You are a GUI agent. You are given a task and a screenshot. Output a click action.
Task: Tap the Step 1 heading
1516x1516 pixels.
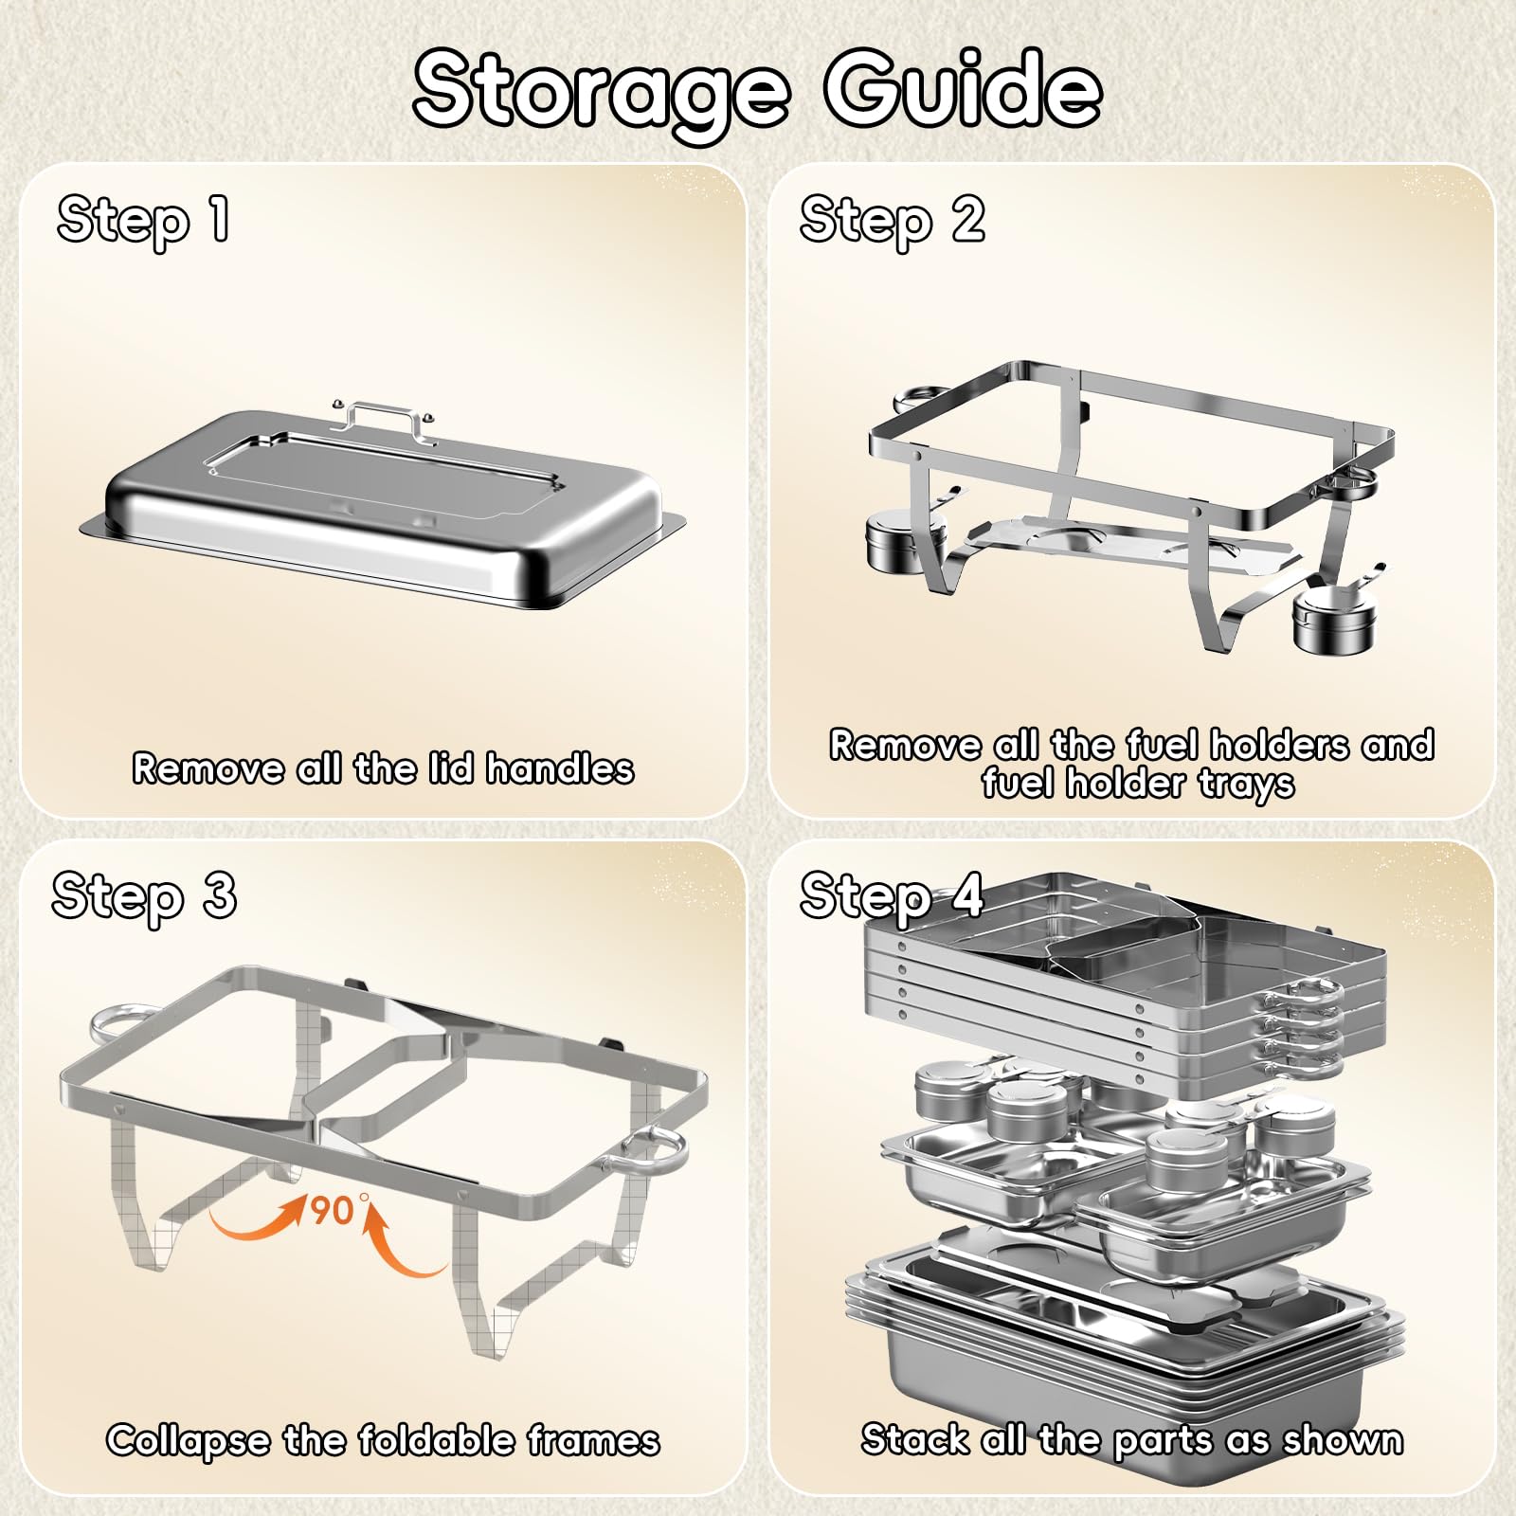point(143,222)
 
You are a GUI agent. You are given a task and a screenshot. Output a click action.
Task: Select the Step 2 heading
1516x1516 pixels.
point(892,222)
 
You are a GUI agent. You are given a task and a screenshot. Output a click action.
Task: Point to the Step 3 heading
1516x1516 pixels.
point(144,897)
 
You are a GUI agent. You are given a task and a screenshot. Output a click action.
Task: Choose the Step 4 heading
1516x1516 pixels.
point(892,897)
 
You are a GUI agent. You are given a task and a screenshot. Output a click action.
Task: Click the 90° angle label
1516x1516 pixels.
point(335,1209)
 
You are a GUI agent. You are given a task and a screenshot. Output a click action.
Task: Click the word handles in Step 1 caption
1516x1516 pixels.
point(560,768)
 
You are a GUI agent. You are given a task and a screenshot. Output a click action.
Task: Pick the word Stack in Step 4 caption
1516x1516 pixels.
point(915,1439)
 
